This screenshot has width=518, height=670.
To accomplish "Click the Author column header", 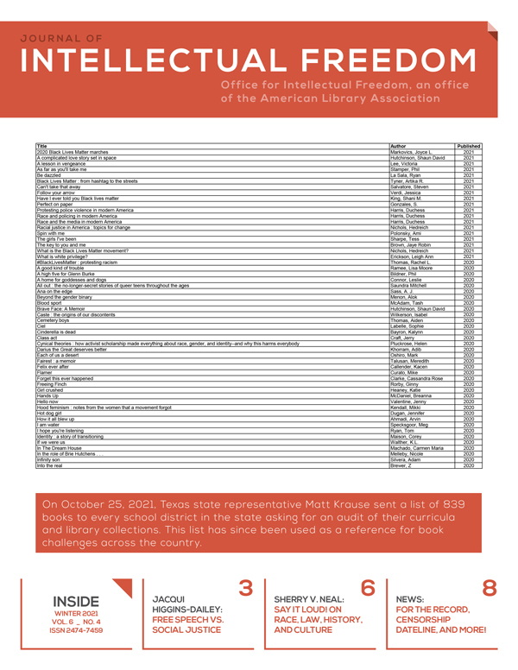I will coord(398,147).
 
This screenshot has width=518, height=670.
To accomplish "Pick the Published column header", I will coord(469,147).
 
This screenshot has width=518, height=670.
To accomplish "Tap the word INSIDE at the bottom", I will coord(76,601).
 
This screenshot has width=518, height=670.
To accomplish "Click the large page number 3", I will coord(245,589).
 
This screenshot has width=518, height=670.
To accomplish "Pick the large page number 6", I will coord(367,589).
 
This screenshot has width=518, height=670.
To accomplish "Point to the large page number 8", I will coord(489,589).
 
